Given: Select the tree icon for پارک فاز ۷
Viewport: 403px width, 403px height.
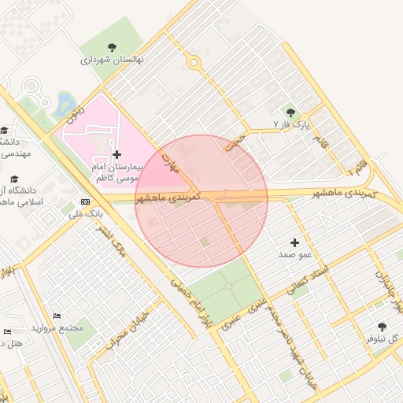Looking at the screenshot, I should tap(290, 113).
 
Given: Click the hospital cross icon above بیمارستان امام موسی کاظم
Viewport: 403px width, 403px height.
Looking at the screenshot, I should tap(117, 155).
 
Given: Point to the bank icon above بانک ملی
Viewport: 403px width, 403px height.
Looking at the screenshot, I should tap(85, 201).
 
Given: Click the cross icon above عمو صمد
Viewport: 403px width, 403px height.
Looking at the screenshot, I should tap(295, 243).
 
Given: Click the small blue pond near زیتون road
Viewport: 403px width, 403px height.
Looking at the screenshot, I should tap(63, 102).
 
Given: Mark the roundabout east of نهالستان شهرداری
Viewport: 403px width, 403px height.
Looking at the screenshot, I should tap(192, 65).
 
